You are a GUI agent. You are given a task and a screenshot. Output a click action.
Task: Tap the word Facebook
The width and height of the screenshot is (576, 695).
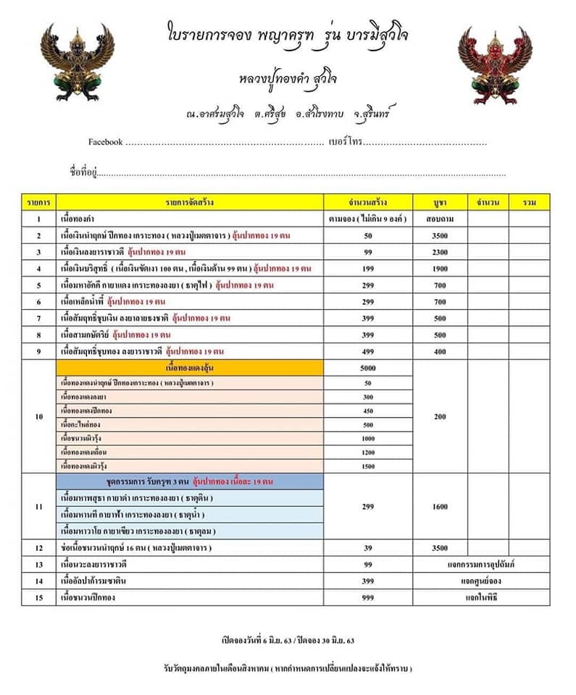click(105, 142)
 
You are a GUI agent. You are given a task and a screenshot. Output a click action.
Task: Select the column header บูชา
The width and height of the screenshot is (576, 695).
click(440, 202)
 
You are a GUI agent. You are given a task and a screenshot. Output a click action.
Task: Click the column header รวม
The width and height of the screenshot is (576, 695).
click(529, 202)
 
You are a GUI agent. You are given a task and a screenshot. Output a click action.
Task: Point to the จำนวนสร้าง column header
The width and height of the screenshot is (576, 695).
click(367, 202)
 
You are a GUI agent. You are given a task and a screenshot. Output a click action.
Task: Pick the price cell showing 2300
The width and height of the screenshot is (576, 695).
click(440, 251)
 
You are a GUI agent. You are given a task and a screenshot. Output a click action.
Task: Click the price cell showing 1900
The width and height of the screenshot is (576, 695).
click(440, 268)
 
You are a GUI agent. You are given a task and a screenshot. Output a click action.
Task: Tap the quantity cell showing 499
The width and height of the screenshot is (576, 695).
click(367, 351)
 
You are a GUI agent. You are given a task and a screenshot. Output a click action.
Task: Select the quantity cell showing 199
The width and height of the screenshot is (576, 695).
click(367, 268)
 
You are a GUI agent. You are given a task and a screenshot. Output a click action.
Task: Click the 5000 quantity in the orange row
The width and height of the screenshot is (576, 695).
click(367, 368)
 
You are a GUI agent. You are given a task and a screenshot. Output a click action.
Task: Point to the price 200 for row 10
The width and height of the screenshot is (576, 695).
click(440, 417)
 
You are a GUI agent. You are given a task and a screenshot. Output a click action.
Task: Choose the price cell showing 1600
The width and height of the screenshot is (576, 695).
click(440, 507)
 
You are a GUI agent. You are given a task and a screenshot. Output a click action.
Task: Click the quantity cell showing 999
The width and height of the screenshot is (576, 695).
click(367, 597)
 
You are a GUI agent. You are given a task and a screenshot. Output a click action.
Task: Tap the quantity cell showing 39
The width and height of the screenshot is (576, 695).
click(367, 548)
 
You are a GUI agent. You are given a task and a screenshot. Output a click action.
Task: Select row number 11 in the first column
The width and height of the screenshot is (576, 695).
click(38, 507)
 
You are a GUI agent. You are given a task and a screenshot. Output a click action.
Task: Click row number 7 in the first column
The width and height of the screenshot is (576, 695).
click(38, 318)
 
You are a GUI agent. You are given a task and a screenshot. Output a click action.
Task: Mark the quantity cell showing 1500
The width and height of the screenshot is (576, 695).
click(367, 466)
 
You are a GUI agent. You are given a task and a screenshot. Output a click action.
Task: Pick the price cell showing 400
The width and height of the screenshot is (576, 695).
click(440, 351)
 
